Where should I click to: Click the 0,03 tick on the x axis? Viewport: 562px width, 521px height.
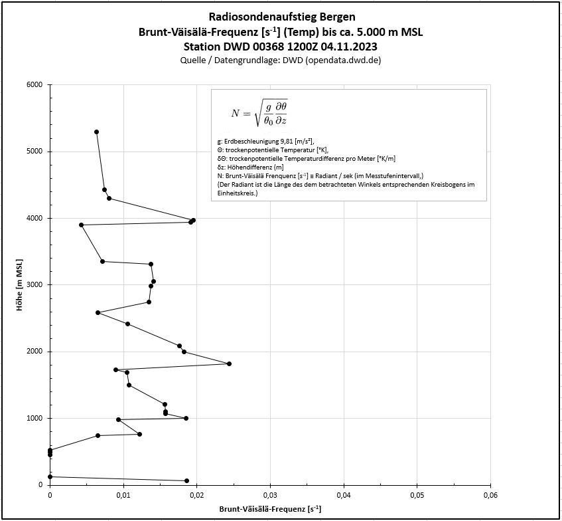[269, 495]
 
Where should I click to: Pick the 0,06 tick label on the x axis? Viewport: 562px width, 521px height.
[490, 495]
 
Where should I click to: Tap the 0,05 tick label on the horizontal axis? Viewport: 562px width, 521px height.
[416, 495]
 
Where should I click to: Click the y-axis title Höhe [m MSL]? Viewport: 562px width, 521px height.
[19, 284]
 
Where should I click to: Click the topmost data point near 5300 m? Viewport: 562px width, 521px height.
[96, 132]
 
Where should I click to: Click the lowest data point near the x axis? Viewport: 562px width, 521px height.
[186, 480]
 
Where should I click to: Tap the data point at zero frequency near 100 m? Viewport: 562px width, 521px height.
[50, 476]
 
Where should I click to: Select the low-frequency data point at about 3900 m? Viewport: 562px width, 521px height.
[81, 225]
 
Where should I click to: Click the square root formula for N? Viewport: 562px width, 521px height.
[259, 113]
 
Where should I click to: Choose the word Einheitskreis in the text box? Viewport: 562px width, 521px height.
[236, 193]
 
